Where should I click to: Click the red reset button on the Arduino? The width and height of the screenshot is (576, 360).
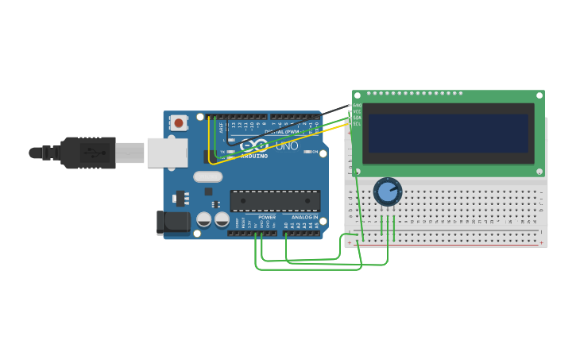pyautogui.click(x=179, y=122)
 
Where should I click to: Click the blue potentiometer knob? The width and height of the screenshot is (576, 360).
pyautogui.click(x=388, y=192)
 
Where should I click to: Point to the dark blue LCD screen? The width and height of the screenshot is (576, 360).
pyautogui.click(x=448, y=133)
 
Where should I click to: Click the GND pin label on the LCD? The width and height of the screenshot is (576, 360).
pyautogui.click(x=357, y=105)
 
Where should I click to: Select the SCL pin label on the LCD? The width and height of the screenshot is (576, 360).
pyautogui.click(x=357, y=124)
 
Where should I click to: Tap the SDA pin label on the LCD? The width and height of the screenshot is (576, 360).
pyautogui.click(x=357, y=118)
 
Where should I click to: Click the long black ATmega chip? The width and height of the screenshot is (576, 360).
pyautogui.click(x=275, y=201)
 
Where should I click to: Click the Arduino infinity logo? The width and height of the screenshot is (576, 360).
pyautogui.click(x=254, y=145)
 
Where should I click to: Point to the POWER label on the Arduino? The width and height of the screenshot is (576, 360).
pyautogui.click(x=267, y=217)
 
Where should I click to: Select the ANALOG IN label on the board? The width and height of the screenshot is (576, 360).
pyautogui.click(x=304, y=217)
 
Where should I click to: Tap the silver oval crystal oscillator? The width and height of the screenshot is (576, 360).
pyautogui.click(x=207, y=176)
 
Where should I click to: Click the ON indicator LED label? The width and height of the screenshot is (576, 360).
pyautogui.click(x=315, y=152)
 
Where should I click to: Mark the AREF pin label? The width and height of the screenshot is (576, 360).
pyautogui.click(x=221, y=126)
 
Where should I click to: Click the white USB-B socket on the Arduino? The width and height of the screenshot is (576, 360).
pyautogui.click(x=167, y=153)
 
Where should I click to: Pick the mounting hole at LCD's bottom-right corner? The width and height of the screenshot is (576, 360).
pyautogui.click(x=539, y=172)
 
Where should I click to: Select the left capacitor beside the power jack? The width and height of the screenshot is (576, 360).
pyautogui.click(x=204, y=219)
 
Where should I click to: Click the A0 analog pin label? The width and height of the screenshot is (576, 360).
pyautogui.click(x=286, y=226)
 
